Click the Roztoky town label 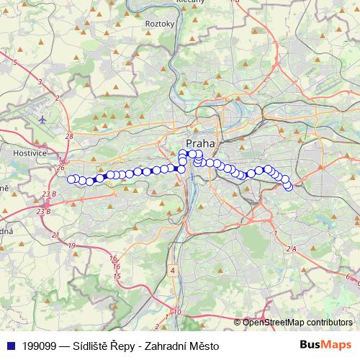[x=160, y=23]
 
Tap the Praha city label [x=200, y=143]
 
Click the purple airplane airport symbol [x=42, y=119]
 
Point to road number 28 [x=69, y=136]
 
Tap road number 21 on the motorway [x=55, y=235]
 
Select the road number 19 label [x=71, y=246]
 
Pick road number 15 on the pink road [x=117, y=276]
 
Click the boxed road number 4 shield [x=173, y=270]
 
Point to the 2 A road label [x=291, y=248]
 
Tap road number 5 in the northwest [x=15, y=63]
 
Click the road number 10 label [x=178, y=312]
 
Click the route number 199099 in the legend [x=42, y=346]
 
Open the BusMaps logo [x=325, y=345]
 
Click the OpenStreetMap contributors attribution [x=297, y=322]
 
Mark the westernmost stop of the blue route [x=71, y=179]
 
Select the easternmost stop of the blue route [x=289, y=187]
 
